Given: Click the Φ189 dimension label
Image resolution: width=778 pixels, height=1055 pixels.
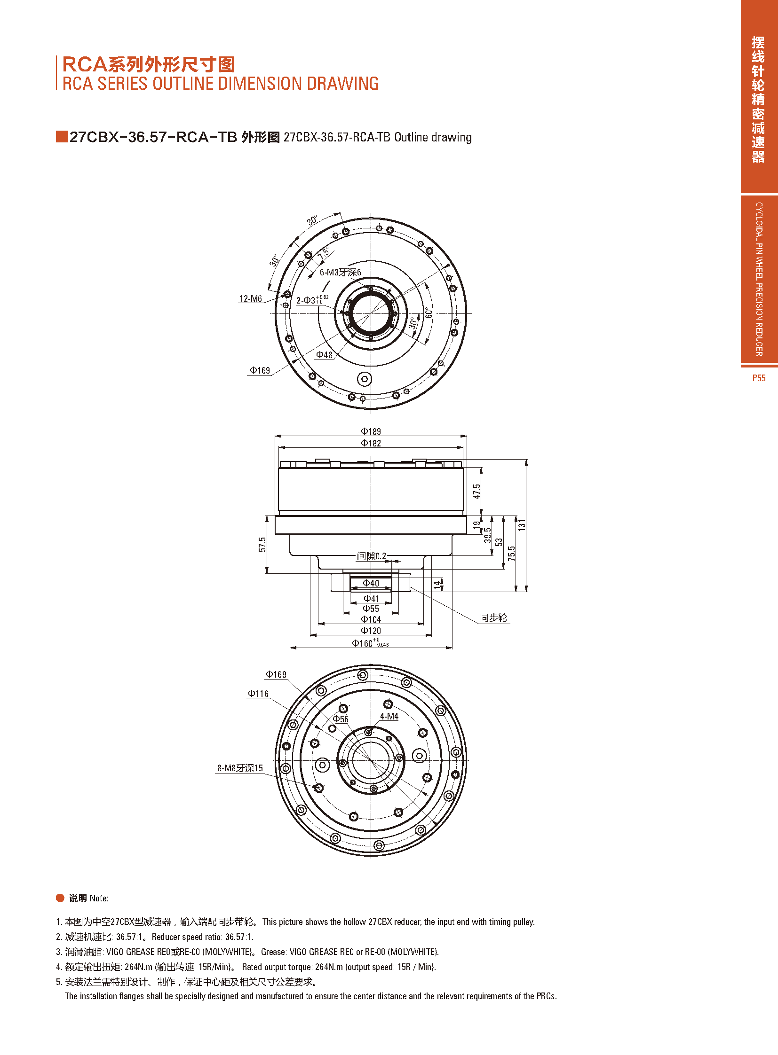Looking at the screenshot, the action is pyautogui.click(x=371, y=431).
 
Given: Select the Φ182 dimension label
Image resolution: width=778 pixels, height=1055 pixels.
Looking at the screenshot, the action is pyautogui.click(x=371, y=443).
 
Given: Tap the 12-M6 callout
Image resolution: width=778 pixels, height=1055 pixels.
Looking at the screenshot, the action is pyautogui.click(x=251, y=299).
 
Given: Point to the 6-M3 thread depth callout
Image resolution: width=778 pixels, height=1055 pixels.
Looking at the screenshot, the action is pyautogui.click(x=340, y=273).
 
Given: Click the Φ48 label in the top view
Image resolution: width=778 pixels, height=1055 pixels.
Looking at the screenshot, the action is pyautogui.click(x=324, y=355).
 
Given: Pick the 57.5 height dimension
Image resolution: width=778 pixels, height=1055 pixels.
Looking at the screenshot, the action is pyautogui.click(x=262, y=545).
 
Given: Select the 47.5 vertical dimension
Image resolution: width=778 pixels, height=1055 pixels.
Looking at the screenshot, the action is pyautogui.click(x=477, y=491).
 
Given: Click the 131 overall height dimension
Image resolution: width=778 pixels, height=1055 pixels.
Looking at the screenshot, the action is pyautogui.click(x=521, y=525).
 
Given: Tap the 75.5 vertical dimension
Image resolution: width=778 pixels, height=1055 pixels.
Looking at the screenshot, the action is pyautogui.click(x=511, y=554).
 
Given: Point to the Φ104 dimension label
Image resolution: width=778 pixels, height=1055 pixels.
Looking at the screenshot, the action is pyautogui.click(x=371, y=620).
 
